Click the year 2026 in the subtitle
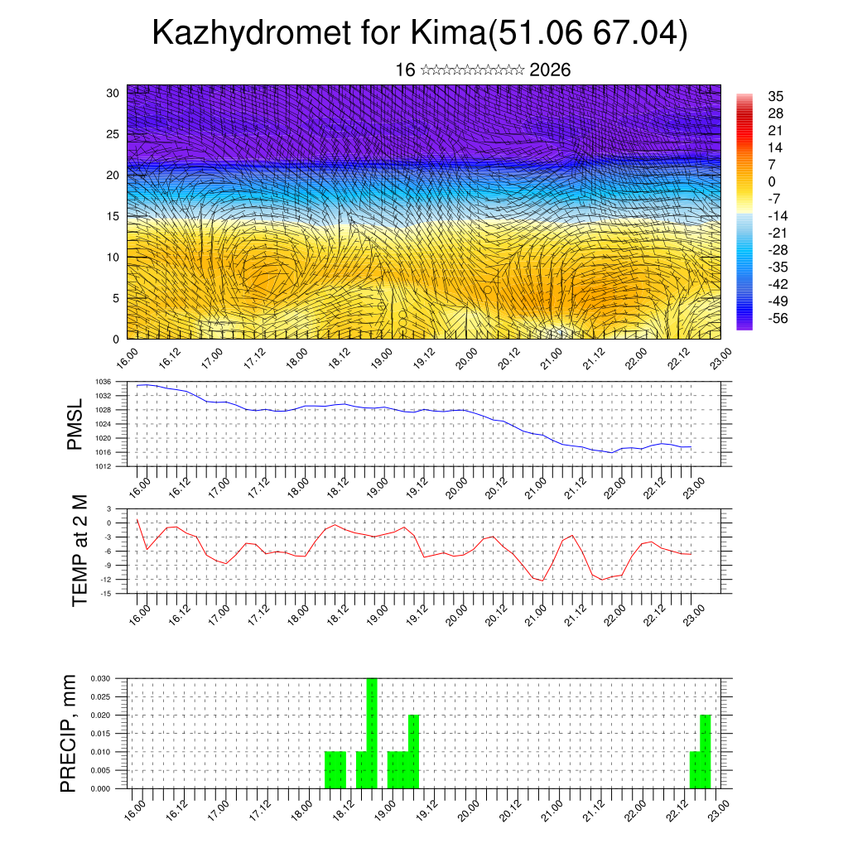tap(550, 70)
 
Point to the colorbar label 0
tap(772, 181)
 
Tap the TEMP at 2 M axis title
tap(79, 551)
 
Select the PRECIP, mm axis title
tap(70, 733)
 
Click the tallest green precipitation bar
tap(372, 733)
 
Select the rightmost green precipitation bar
tap(706, 751)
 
